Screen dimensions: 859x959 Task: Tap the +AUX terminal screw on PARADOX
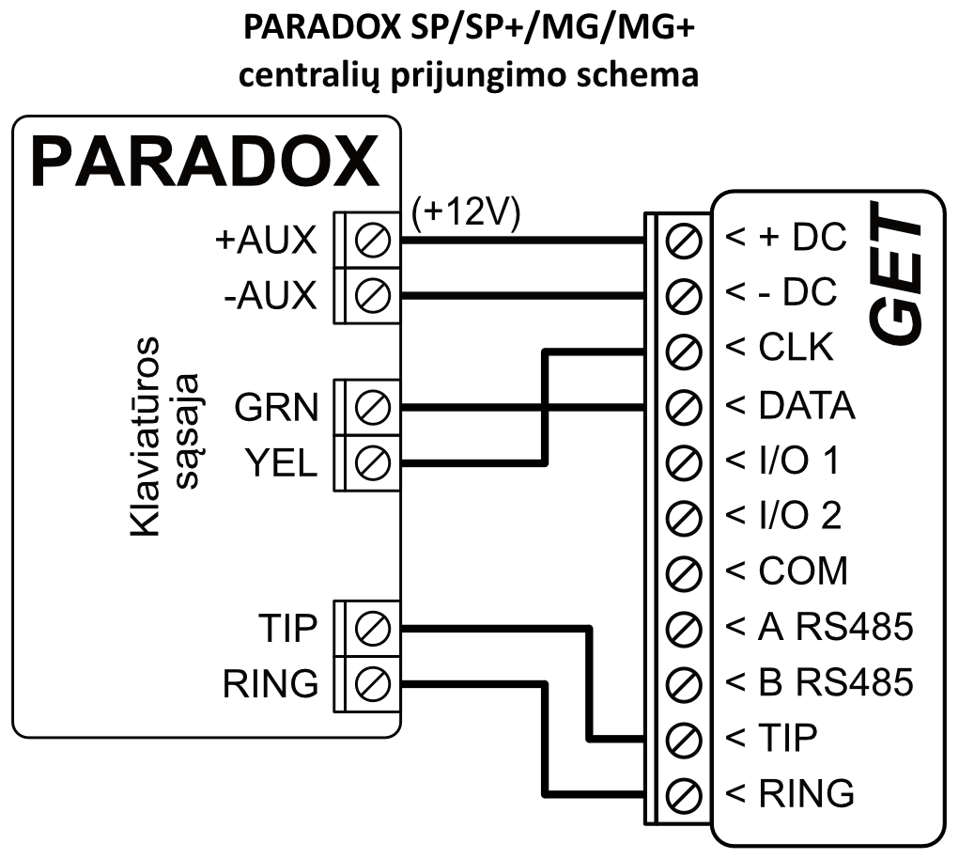[x=373, y=242]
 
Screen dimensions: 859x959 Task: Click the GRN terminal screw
[x=373, y=407]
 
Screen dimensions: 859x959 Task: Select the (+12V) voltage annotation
[x=466, y=212]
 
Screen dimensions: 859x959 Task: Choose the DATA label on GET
[x=805, y=406]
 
